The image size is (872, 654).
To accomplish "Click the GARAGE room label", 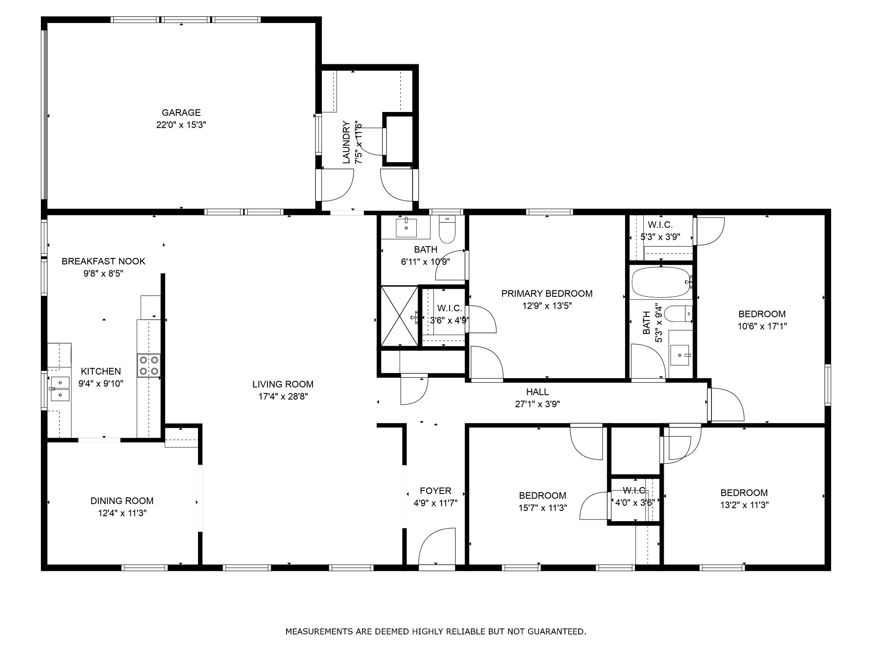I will (x=181, y=112).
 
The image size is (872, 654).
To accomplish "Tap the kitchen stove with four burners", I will (x=149, y=366).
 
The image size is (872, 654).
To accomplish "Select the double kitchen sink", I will (x=60, y=389).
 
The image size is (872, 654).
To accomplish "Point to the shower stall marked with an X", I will (x=399, y=316).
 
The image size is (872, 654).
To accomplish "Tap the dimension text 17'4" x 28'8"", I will (x=283, y=396).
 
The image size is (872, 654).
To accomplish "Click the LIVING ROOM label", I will (x=283, y=384).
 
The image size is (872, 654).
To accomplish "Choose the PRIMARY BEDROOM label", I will (x=547, y=293).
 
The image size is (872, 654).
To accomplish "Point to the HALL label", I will (x=537, y=392).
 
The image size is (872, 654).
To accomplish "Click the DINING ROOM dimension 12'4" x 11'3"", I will (x=122, y=513).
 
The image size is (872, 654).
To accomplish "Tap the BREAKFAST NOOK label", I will (x=103, y=261).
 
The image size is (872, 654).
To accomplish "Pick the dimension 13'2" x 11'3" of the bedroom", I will (x=744, y=505).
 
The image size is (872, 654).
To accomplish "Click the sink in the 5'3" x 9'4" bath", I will (x=680, y=355).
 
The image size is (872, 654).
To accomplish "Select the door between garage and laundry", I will (x=336, y=185).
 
